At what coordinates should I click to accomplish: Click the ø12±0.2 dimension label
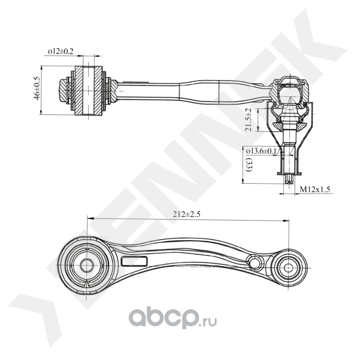point(61,52)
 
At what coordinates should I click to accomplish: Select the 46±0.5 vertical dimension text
point(36,88)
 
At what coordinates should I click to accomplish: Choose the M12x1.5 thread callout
point(315,190)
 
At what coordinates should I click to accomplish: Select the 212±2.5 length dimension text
point(185,215)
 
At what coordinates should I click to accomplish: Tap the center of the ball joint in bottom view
point(288,267)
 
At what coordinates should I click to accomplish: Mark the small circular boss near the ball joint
point(255,262)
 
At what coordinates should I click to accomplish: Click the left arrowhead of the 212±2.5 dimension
point(88,218)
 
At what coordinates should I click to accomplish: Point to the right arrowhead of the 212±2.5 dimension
point(286,220)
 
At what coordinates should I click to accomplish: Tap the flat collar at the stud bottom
point(288,173)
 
